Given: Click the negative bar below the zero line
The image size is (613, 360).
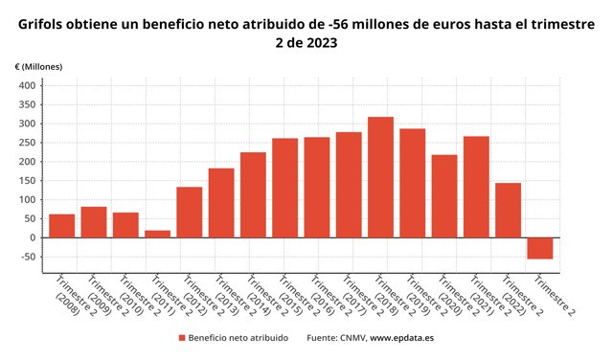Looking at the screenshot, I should [539, 248].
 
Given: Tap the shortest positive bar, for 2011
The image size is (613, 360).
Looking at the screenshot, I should [157, 234].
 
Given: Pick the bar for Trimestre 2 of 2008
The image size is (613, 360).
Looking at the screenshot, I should [61, 226].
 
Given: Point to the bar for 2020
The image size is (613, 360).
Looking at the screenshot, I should [444, 196].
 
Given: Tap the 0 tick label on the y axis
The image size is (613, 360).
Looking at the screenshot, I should [32, 237].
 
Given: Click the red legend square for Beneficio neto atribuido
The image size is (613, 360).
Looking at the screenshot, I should [181, 338].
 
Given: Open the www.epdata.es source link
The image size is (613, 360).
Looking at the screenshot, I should [402, 338].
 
